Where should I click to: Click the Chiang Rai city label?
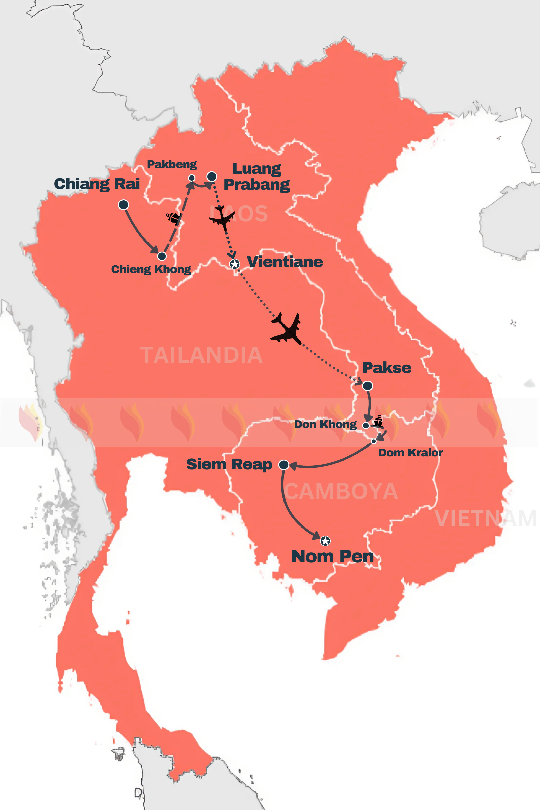(x=97, y=184)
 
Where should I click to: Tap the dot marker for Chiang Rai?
(x=123, y=205)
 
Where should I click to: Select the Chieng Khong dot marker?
(x=162, y=256)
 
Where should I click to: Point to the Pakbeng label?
(x=172, y=165)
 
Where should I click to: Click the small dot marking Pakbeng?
(x=192, y=178)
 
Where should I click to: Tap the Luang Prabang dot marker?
(x=212, y=177)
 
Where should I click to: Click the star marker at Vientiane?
(x=235, y=264)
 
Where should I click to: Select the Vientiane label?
(x=285, y=262)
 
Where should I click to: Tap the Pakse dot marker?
(x=368, y=386)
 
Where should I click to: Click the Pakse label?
(x=387, y=368)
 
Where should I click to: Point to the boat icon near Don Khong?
(x=378, y=421)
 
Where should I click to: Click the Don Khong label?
(x=325, y=424)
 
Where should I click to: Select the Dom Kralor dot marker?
(x=373, y=441)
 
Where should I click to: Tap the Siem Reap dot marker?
(x=284, y=465)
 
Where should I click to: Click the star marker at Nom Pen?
(x=325, y=541)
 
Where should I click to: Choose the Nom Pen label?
(x=332, y=557)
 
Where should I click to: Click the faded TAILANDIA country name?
(x=201, y=355)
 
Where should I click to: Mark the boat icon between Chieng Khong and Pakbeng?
(x=173, y=218)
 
